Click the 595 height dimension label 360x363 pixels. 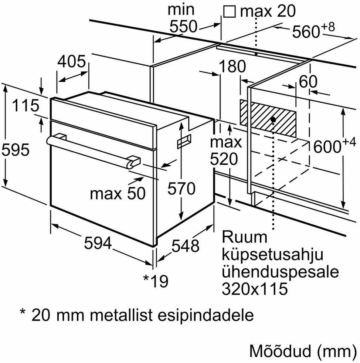pyautogui.click(x=16, y=150)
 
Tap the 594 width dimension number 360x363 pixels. pyautogui.click(x=98, y=243)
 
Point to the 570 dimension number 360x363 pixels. pyautogui.click(x=181, y=188)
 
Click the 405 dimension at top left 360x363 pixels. pyautogui.click(x=72, y=62)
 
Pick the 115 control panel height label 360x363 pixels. pyautogui.click(x=26, y=105)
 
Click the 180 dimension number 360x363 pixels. pyautogui.click(x=232, y=66)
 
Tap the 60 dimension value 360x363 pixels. pyautogui.click(x=308, y=81)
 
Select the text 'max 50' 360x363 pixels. pyautogui.click(x=118, y=194)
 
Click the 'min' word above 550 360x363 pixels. pyautogui.click(x=181, y=10)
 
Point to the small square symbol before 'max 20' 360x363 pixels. pyautogui.click(x=230, y=11)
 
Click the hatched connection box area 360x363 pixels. pyautogui.click(x=268, y=118)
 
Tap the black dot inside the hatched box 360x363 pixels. pyautogui.click(x=273, y=119)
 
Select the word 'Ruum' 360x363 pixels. pyautogui.click(x=244, y=237)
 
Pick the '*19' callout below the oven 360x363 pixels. pyautogui.click(x=156, y=281)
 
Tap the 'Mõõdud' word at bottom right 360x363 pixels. pyautogui.click(x=280, y=351)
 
